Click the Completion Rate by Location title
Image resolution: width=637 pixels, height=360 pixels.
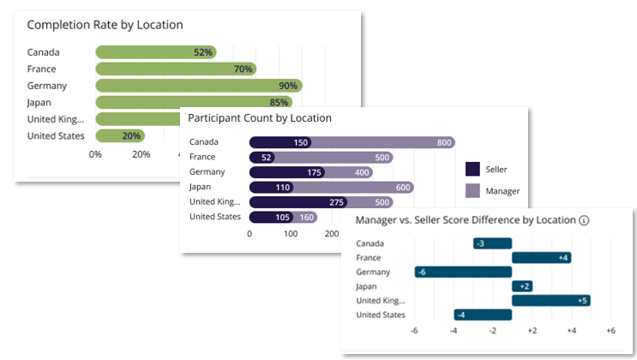tap(105, 25)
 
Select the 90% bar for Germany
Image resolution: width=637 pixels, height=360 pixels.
tap(199, 86)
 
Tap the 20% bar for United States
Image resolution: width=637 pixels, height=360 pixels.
tap(120, 135)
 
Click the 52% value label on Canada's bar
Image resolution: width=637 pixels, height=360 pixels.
tap(202, 52)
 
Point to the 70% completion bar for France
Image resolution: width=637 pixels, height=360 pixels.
tap(176, 69)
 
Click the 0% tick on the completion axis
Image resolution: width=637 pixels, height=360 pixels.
tap(95, 154)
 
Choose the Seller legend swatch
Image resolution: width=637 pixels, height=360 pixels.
tap(472, 169)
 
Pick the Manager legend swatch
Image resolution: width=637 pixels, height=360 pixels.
tap(472, 190)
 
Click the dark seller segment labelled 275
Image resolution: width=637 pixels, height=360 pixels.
tap(298, 202)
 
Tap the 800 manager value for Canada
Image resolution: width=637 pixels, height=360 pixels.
tap(444, 142)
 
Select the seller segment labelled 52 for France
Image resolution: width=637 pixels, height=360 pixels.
tap(262, 157)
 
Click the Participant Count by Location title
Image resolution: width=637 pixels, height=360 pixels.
tap(260, 118)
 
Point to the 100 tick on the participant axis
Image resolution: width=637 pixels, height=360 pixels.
tap(291, 234)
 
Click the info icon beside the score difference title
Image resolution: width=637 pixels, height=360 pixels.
tap(584, 220)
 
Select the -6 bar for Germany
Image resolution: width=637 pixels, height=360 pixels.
tap(463, 273)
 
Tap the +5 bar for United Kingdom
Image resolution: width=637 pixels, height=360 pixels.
tap(551, 301)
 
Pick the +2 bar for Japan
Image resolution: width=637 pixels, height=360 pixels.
tap(522, 286)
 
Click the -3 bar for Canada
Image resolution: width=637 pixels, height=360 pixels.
tap(492, 243)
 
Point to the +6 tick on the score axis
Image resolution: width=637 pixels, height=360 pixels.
tap(610, 331)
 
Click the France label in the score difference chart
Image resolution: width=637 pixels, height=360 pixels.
tap(369, 258)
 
